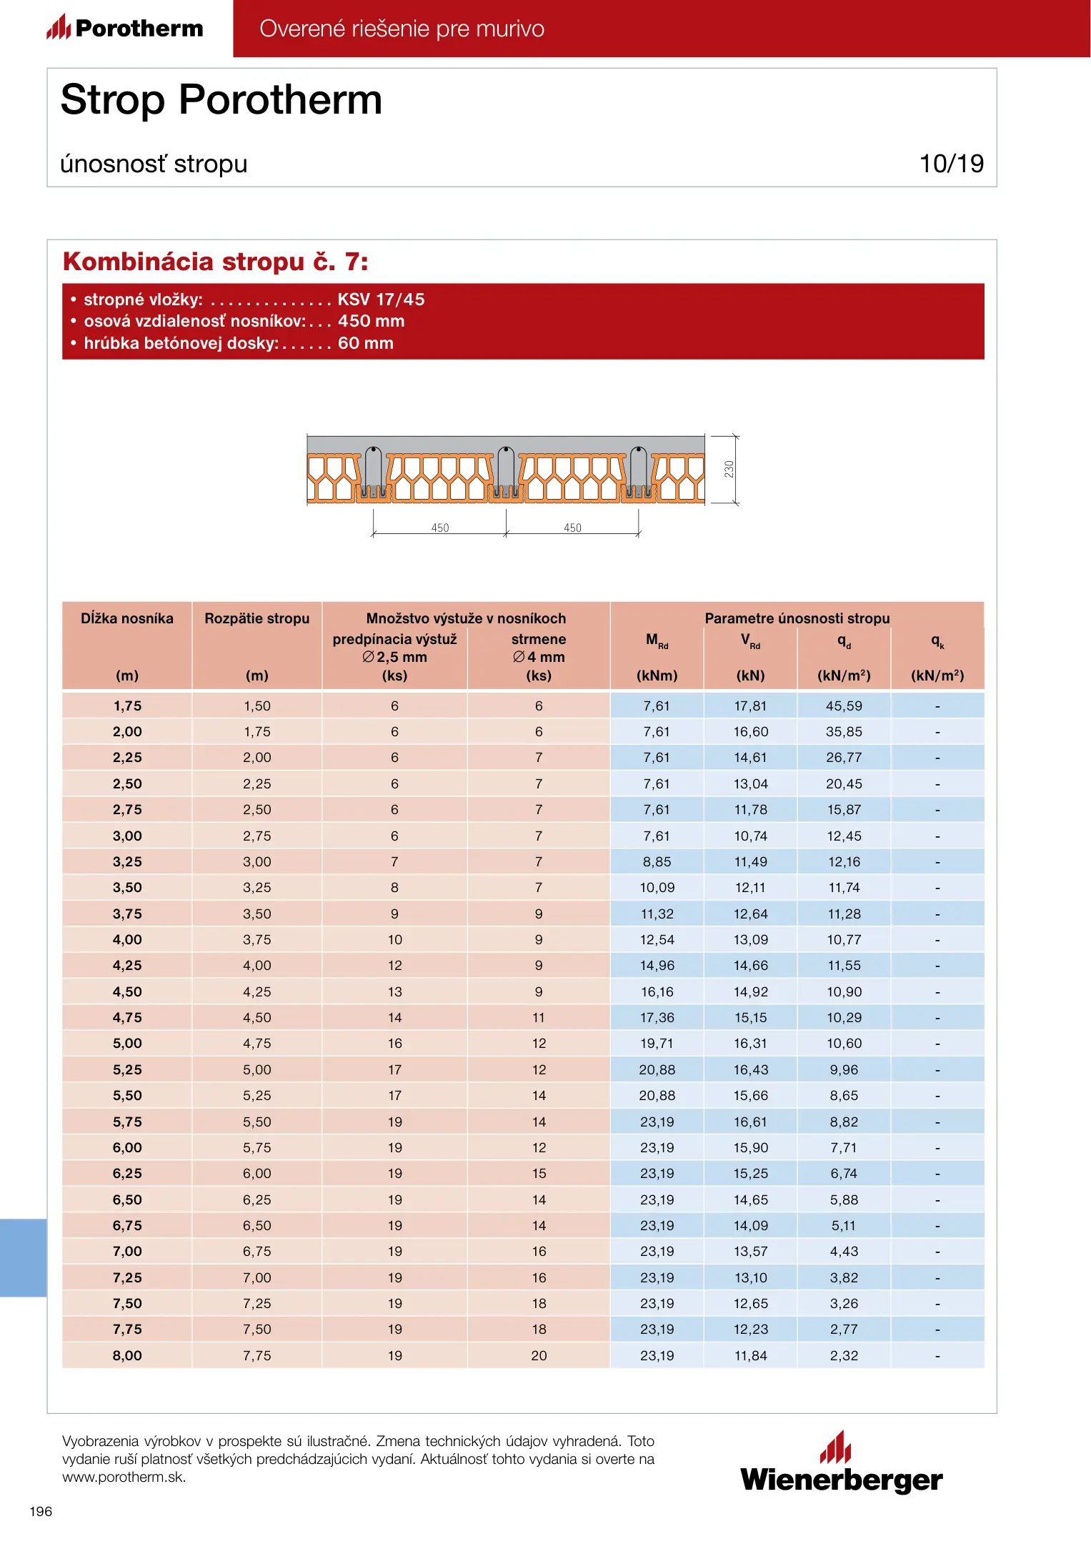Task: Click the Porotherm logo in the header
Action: pyautogui.click(x=126, y=29)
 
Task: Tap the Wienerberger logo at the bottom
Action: pyautogui.click(x=841, y=1464)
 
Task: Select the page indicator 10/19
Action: pyautogui.click(x=951, y=164)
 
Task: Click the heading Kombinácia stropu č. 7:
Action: pyautogui.click(x=215, y=262)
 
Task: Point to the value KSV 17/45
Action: pyautogui.click(x=381, y=300)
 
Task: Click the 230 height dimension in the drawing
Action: pyautogui.click(x=729, y=469)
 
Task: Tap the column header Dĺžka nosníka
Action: pyautogui.click(x=127, y=618)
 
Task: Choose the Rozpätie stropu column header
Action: pyautogui.click(x=256, y=618)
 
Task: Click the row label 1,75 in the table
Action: pyautogui.click(x=127, y=706)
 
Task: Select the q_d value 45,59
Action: pyautogui.click(x=844, y=706)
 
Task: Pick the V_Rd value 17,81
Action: pyautogui.click(x=750, y=706)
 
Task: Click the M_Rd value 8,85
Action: pyautogui.click(x=657, y=862)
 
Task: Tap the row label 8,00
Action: pyautogui.click(x=127, y=1355)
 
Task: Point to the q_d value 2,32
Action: pyautogui.click(x=844, y=1355)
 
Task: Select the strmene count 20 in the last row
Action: pyautogui.click(x=539, y=1355)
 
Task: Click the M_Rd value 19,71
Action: pyautogui.click(x=657, y=1044)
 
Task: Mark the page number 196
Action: pyautogui.click(x=41, y=1511)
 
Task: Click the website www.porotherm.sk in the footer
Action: pyautogui.click(x=124, y=1478)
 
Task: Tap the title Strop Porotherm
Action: pyautogui.click(x=221, y=99)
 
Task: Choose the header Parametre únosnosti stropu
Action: pyautogui.click(x=797, y=618)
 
